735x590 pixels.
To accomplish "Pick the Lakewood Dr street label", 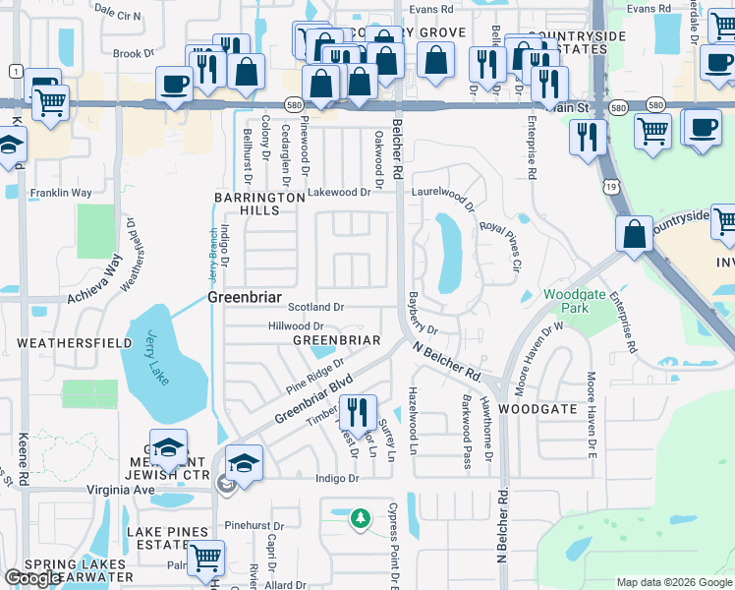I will [338, 194].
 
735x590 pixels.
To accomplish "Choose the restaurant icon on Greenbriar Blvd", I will [357, 412].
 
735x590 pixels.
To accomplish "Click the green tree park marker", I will [361, 517].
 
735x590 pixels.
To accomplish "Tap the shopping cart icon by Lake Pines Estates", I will [205, 558].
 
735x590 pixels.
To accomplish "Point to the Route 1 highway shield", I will [16, 71].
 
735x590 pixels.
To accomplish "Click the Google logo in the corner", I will [33, 578].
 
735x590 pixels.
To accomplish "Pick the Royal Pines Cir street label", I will [500, 242].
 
